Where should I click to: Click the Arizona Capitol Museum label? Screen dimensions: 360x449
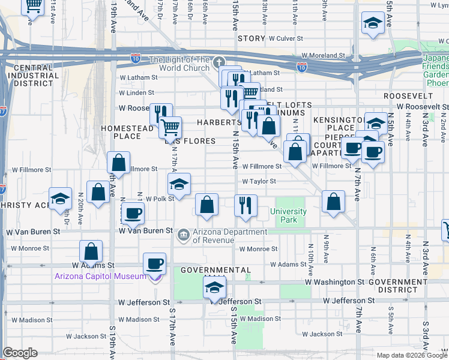pyautogui.click(x=100, y=276)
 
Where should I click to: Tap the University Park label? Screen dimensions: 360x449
pyautogui.click(x=288, y=215)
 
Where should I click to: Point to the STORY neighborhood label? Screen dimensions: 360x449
pyautogui.click(x=251, y=38)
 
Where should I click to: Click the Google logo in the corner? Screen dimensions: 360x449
pyautogui.click(x=20, y=353)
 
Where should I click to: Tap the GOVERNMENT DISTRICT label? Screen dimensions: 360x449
pyautogui.click(x=401, y=286)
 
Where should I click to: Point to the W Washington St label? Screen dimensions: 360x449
pyautogui.click(x=334, y=281)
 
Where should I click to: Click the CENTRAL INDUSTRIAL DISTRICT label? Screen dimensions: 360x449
pyautogui.click(x=34, y=76)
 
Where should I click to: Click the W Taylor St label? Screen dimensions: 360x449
pyautogui.click(x=259, y=181)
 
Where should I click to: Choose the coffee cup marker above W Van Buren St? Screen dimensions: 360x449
pyautogui.click(x=133, y=212)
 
